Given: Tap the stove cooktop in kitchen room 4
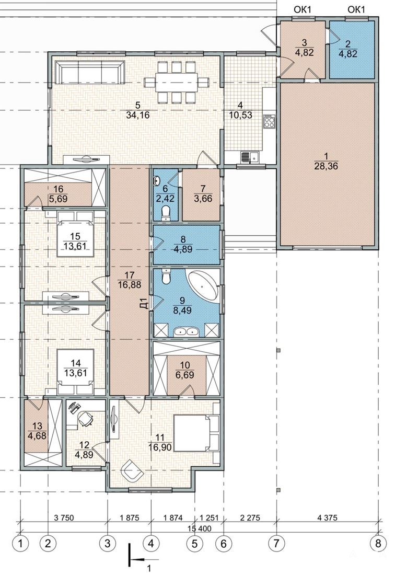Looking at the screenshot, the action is [x=269, y=121].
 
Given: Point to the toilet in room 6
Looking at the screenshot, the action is [x=167, y=213].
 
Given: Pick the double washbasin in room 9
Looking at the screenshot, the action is [x=187, y=331].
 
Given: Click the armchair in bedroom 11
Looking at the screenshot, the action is [x=132, y=470].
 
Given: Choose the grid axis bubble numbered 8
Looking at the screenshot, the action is [x=378, y=543].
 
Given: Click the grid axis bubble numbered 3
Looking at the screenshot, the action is [x=107, y=543].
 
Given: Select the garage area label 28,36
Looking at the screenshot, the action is [x=326, y=166].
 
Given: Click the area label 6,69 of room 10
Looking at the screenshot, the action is [x=187, y=375].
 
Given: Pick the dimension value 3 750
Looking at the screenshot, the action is [x=64, y=518].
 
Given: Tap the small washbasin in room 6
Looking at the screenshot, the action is [x=157, y=180].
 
